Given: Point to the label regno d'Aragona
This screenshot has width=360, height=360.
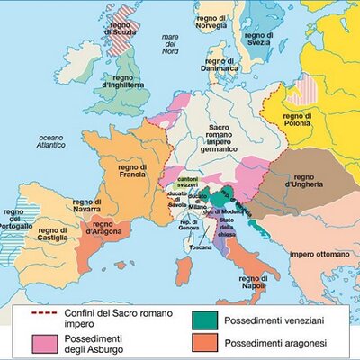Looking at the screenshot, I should coord(104,227).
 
